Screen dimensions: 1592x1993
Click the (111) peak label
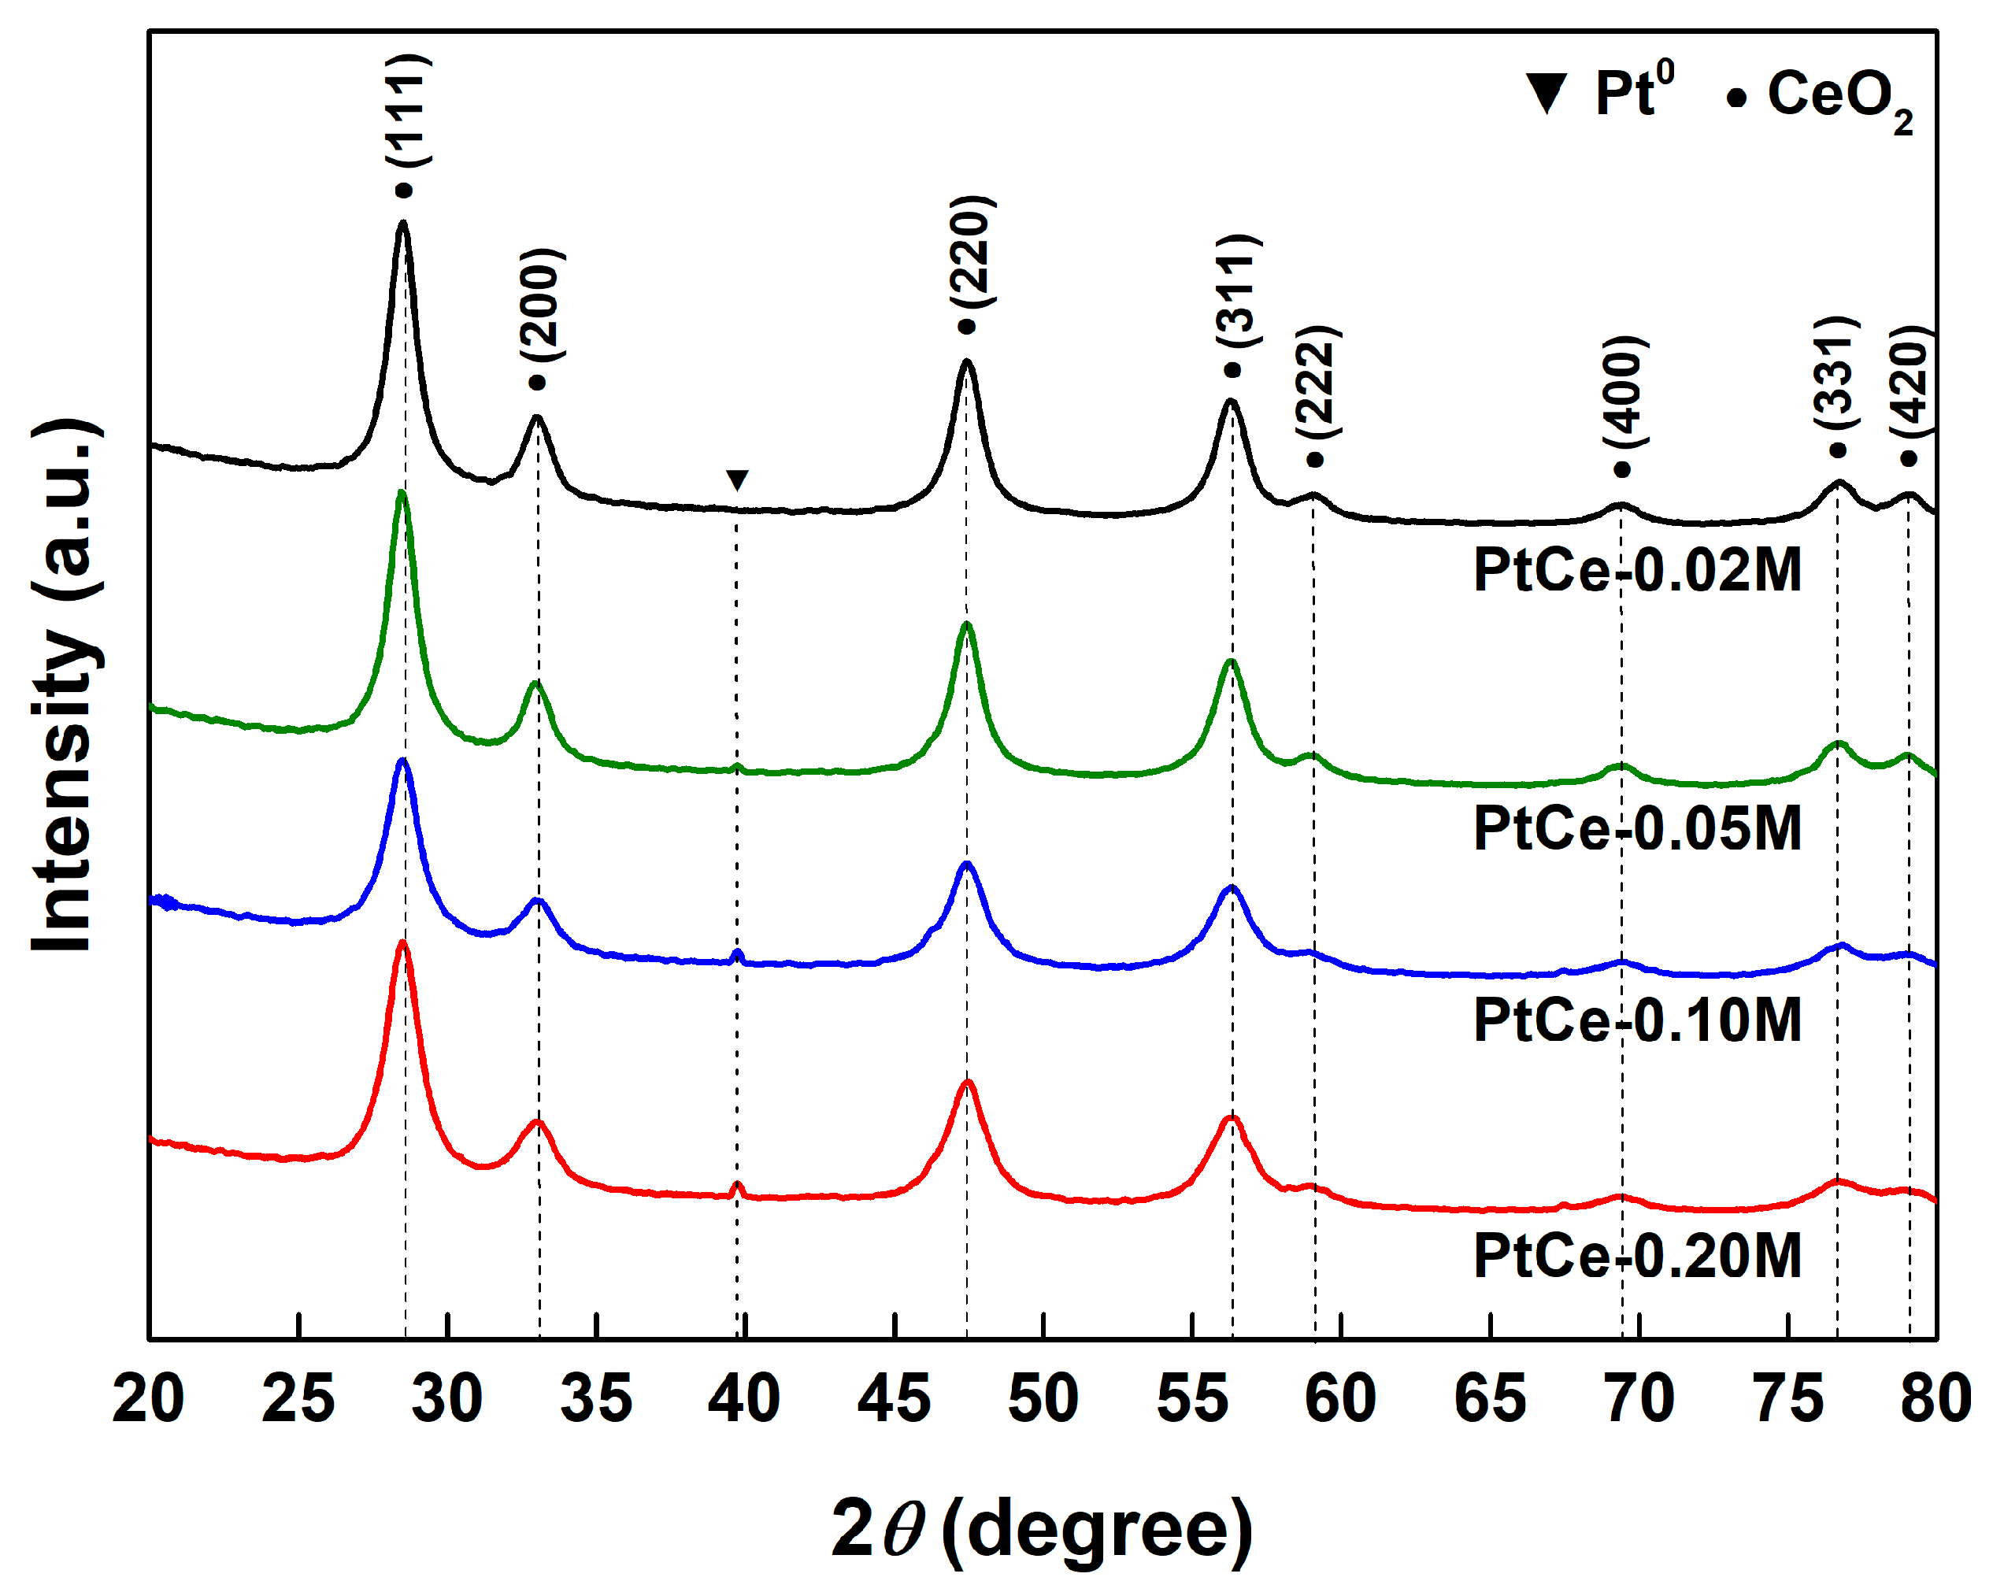point(408,110)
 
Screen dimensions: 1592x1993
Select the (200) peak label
point(542,305)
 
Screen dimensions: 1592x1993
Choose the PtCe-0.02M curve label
point(1637,570)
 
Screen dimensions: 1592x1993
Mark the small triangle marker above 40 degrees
point(737,479)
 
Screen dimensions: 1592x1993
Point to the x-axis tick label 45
point(893,1399)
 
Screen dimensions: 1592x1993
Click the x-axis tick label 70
point(1639,1399)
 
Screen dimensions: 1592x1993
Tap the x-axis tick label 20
point(148,1399)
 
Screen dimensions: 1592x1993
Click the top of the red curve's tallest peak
point(402,944)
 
